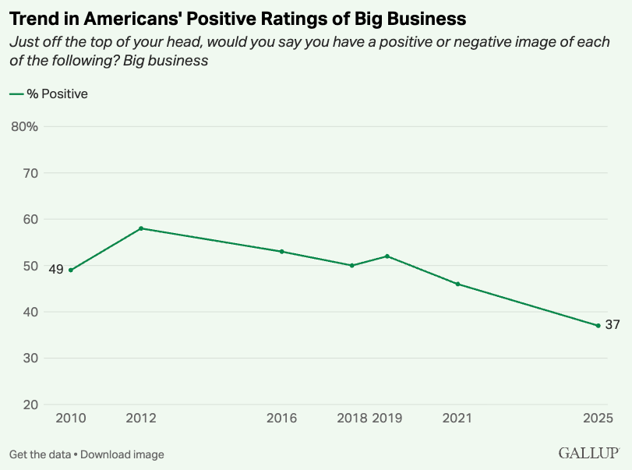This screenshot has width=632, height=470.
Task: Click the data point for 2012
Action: tap(141, 228)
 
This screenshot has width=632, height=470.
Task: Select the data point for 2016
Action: tap(281, 252)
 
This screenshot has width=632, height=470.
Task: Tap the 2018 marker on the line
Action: tap(352, 265)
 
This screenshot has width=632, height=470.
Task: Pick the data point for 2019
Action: tap(387, 256)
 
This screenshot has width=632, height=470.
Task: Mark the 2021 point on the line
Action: tap(457, 284)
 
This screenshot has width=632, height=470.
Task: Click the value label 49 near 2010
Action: tap(55, 270)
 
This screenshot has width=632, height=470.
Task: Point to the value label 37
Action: tap(613, 325)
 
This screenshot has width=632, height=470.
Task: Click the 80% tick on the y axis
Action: tap(24, 126)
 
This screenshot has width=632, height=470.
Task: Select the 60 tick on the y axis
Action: tap(30, 219)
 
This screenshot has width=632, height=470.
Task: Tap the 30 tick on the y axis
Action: tap(30, 359)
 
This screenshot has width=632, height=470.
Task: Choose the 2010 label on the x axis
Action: tap(71, 419)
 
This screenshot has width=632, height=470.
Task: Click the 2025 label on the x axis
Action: tap(598, 419)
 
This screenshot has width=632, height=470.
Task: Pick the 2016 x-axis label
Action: tap(281, 419)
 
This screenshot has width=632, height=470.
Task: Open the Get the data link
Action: tap(40, 454)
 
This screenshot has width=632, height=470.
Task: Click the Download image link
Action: tap(122, 454)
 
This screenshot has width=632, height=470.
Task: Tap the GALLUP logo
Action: tap(588, 453)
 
